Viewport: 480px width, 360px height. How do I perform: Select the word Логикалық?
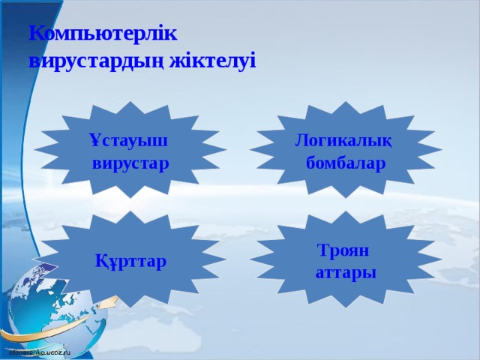tap(343, 140)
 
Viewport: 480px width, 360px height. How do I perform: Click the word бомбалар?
tap(346, 163)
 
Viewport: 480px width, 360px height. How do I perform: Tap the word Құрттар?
tap(131, 261)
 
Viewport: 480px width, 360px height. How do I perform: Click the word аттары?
tap(346, 271)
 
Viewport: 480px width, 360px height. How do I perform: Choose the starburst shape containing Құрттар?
tap(131, 259)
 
